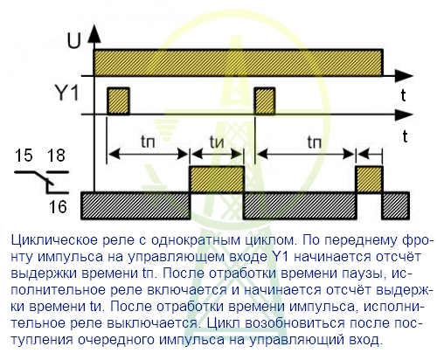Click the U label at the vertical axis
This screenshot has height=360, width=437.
[73, 41]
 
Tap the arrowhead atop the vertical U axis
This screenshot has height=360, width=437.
[94, 34]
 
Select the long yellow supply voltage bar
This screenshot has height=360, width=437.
[238, 63]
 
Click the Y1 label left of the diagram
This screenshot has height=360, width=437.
[67, 93]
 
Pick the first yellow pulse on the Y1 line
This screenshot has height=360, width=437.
[118, 100]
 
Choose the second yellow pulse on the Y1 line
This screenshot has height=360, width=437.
[265, 100]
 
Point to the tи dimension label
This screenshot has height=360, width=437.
[217, 142]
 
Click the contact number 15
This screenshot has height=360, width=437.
[24, 155]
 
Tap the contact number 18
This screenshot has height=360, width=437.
[56, 155]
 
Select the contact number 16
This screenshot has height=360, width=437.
[58, 207]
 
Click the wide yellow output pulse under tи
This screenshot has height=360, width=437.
[217, 179]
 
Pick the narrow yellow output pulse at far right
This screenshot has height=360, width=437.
[369, 179]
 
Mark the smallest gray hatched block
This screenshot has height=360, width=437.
[396, 205]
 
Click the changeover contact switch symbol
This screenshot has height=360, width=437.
[42, 182]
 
